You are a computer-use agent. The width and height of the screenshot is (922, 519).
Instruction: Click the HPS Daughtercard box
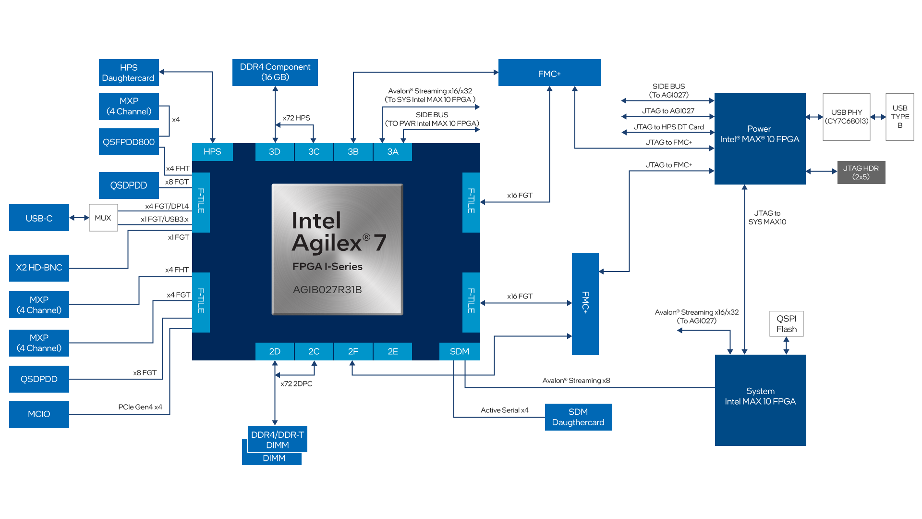[129, 73]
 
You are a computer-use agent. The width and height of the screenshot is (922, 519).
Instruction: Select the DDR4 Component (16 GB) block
[275, 72]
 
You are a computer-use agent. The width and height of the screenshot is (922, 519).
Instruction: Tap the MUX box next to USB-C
[103, 218]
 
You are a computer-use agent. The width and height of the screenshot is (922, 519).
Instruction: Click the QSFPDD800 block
[129, 142]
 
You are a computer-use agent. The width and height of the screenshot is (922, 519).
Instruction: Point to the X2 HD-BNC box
[39, 268]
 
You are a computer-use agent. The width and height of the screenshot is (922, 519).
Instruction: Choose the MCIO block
[39, 414]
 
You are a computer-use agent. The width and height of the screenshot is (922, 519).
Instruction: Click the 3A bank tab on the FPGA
[392, 152]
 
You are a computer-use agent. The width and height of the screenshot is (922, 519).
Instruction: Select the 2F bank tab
[353, 351]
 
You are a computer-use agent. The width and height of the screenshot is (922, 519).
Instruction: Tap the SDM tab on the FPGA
[459, 351]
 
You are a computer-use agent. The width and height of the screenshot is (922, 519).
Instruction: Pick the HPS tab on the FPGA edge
[212, 152]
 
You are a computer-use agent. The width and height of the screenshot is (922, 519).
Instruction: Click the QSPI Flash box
[786, 324]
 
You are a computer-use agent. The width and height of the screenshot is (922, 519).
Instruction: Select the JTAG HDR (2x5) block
[861, 173]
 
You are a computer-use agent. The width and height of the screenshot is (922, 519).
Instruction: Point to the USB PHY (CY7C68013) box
[846, 117]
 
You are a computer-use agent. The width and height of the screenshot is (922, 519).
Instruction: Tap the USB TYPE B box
[899, 117]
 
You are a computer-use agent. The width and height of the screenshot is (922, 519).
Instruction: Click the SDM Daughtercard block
[578, 417]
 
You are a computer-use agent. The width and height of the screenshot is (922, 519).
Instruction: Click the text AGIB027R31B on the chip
[328, 290]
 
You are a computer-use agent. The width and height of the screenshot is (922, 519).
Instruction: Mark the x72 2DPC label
[296, 383]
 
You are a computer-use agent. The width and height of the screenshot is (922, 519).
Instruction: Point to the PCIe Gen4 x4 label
[140, 407]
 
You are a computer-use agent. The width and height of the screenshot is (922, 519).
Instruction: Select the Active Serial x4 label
[504, 410]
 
